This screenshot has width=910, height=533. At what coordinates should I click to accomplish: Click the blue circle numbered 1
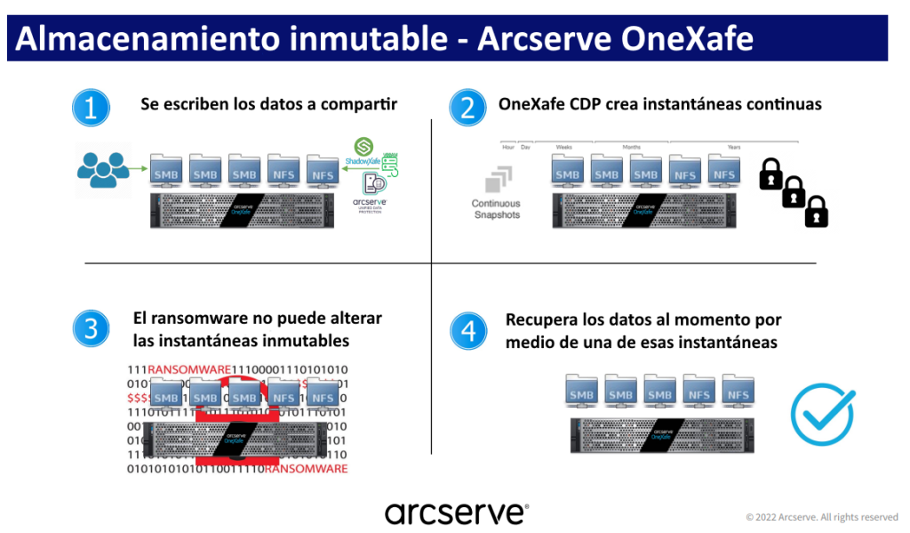90,108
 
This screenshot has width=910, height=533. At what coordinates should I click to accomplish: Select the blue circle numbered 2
467,108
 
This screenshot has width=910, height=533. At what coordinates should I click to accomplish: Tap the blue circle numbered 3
90,329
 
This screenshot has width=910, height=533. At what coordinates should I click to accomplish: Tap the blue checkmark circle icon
822,415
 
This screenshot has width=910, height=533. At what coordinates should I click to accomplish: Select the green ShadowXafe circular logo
363,147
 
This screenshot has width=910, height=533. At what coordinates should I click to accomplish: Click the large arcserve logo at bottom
456,513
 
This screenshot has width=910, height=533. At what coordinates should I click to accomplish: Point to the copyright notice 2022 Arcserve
821,517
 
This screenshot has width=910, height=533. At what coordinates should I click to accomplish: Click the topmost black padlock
770,174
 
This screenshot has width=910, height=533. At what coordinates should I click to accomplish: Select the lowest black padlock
816,212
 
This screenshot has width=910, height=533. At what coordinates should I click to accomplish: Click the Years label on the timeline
733,146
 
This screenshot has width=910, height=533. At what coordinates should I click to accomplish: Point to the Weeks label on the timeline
565,146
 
